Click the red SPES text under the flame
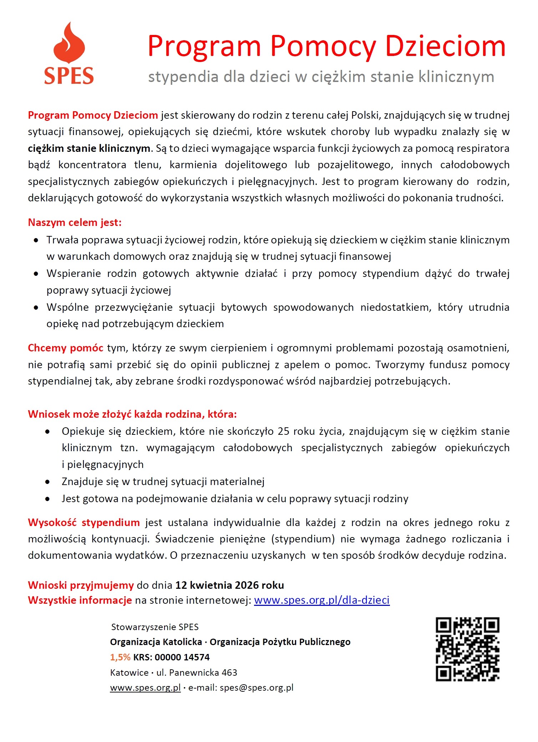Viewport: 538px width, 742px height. tap(69, 76)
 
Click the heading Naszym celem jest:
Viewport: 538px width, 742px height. tap(75, 223)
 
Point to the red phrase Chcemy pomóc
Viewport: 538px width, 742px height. tap(66, 348)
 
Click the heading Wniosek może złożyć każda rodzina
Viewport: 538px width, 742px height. tap(132, 414)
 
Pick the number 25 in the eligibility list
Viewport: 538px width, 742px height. tap(283, 431)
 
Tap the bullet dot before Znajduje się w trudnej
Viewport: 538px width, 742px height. tap(47, 482)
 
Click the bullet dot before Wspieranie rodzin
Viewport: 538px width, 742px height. tap(36, 274)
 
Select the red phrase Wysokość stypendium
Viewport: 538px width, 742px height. tap(84, 523)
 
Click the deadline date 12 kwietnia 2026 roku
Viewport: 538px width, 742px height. tap(229, 585)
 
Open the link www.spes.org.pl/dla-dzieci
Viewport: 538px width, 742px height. tap(321, 601)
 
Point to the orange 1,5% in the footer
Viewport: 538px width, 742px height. tap(120, 657)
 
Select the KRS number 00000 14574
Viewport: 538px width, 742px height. tap(182, 657)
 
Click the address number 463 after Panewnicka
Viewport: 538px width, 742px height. tap(229, 673)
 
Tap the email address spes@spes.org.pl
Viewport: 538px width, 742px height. tap(257, 688)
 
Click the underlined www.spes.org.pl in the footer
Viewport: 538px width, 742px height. tap(145, 688)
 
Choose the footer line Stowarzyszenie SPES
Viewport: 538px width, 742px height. tap(155, 627)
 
